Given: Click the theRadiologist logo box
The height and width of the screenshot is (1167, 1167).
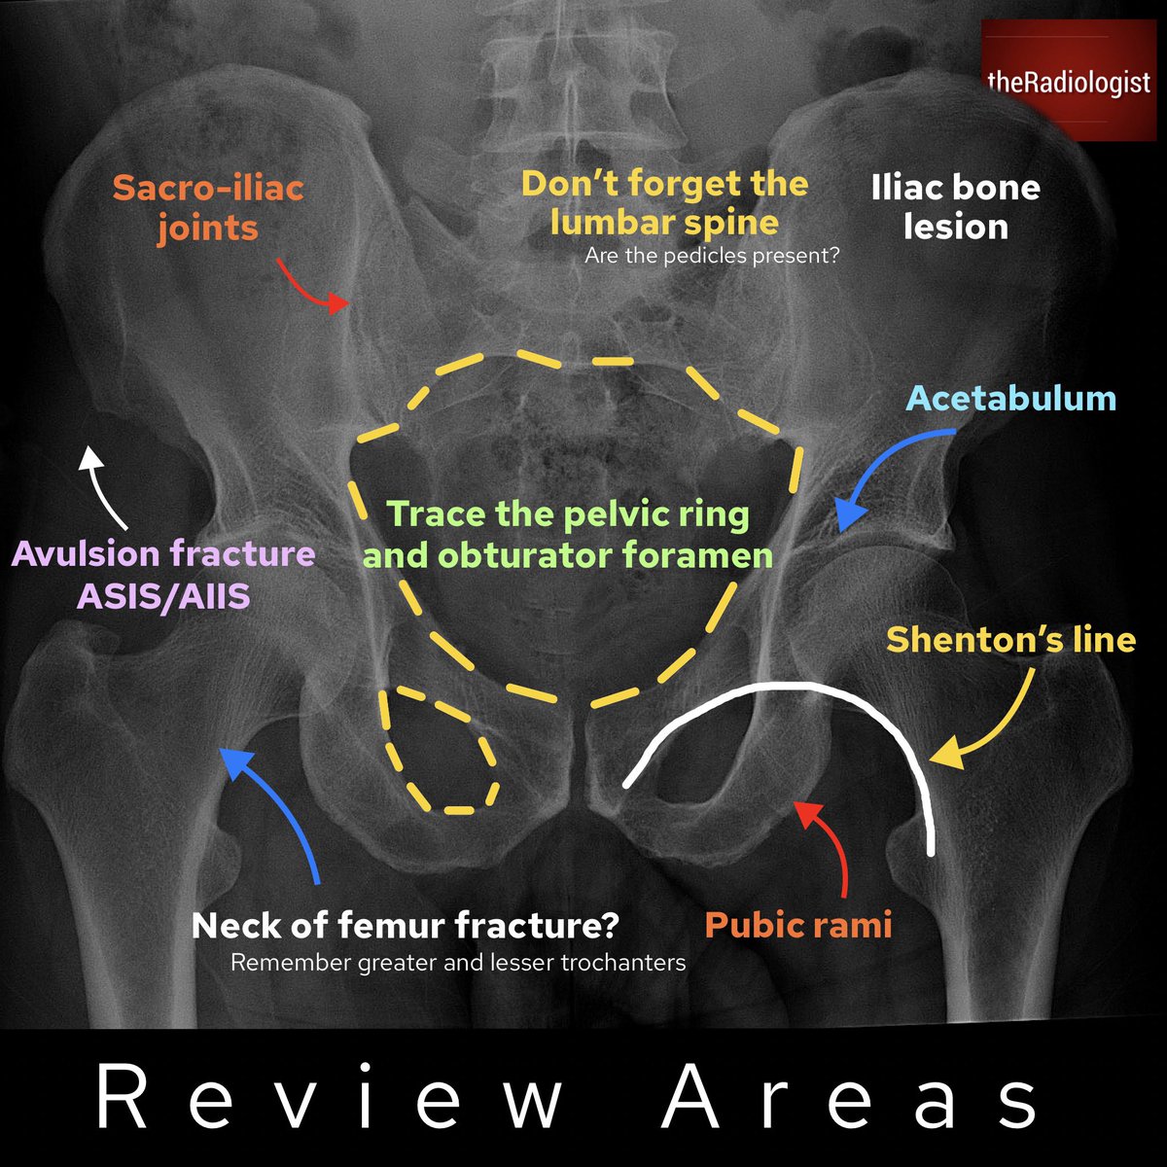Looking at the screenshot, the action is tap(1067, 83).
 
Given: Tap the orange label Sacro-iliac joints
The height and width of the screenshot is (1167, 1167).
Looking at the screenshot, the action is tap(208, 207).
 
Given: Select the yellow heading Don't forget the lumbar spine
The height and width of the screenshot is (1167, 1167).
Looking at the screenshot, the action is tap(664, 202).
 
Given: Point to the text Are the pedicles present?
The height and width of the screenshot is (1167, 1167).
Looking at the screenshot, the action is tap(712, 258).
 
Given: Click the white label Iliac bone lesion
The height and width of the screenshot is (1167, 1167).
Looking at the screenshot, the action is tap(956, 207).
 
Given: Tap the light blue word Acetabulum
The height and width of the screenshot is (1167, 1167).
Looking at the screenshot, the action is tap(1011, 398).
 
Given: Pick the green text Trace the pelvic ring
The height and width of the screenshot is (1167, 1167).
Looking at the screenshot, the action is tap(568, 514).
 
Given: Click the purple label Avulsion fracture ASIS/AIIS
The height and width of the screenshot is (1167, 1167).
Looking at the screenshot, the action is tap(163, 574).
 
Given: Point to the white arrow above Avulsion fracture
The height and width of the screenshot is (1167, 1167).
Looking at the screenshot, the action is tap(100, 486).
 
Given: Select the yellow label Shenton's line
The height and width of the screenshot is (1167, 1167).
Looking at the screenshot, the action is tap(1010, 640).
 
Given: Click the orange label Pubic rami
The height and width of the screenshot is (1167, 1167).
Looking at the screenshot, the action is tap(797, 924).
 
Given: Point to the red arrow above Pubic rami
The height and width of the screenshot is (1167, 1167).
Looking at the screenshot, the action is tap(827, 846).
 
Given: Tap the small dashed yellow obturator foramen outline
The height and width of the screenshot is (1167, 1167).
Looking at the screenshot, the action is tap(441, 749).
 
